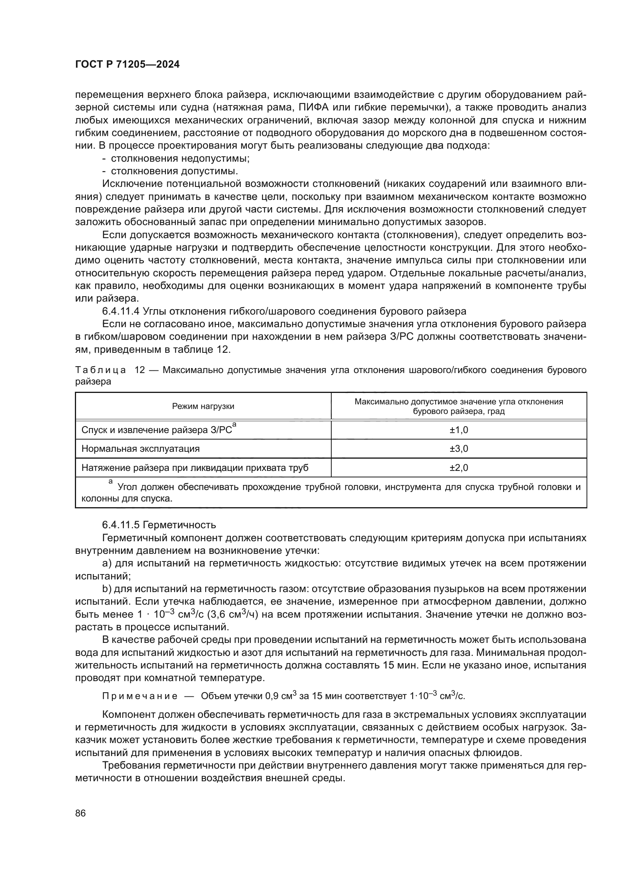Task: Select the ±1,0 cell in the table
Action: pos(459,430)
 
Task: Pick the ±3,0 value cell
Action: pos(459,449)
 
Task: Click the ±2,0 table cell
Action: pos(459,467)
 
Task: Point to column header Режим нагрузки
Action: pos(203,407)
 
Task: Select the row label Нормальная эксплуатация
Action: pos(141,449)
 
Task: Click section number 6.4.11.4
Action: pos(121,311)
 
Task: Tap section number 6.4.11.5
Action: pos(121,525)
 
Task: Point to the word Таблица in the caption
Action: pos(100,370)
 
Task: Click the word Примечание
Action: pos(140,696)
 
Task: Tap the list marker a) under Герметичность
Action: pos(107,563)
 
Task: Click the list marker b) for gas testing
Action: pos(107,589)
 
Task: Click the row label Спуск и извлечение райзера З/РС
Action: pos(157,430)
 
